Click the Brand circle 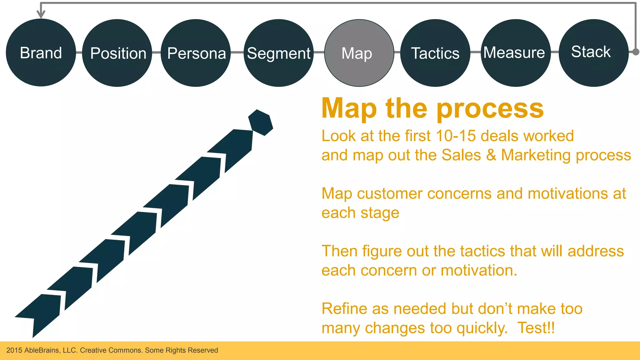41,52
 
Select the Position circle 117,53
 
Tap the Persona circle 196,53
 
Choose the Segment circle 278,53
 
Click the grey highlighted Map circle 359,53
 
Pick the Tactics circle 435,53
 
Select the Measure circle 515,52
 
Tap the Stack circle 593,52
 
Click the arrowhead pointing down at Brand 41,14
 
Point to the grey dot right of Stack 636,52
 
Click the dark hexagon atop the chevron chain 261,122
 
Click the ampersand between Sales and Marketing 491,155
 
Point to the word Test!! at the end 536,328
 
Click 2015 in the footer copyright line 14,350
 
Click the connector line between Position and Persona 156,52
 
